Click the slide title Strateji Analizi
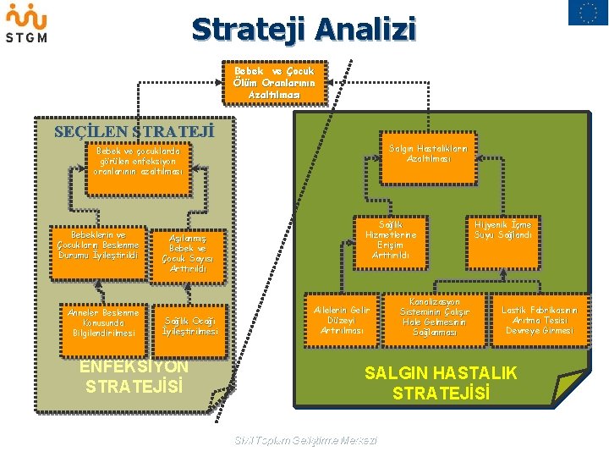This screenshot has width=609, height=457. [x=304, y=29]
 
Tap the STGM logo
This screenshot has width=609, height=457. [x=26, y=24]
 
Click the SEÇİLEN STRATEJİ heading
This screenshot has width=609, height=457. [x=134, y=132]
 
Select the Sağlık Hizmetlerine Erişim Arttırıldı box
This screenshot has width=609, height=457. [x=391, y=240]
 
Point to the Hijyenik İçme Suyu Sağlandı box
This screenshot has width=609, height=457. [x=503, y=231]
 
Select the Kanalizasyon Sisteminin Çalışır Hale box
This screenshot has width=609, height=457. [x=435, y=317]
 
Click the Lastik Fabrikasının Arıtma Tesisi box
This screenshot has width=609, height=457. [x=540, y=320]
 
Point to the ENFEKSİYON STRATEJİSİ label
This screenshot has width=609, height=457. [x=134, y=377]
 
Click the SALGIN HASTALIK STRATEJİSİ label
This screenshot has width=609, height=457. [x=441, y=383]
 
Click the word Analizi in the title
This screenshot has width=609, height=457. [x=366, y=29]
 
